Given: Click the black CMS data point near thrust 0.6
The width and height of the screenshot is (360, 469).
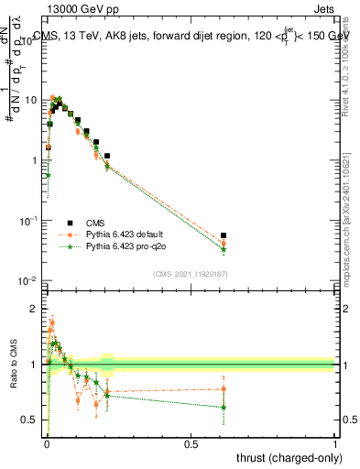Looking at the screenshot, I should pyautogui.click(x=224, y=235).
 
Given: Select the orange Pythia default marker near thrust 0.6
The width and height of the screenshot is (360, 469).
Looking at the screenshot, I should pyautogui.click(x=224, y=244).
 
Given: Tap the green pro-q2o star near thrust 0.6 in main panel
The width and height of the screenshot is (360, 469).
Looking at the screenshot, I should pyautogui.click(x=224, y=249).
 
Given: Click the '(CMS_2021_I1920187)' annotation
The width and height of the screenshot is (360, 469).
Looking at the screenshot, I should pyautogui.click(x=191, y=273).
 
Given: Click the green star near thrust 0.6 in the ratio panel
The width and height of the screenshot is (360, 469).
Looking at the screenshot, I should pyautogui.click(x=224, y=407).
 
